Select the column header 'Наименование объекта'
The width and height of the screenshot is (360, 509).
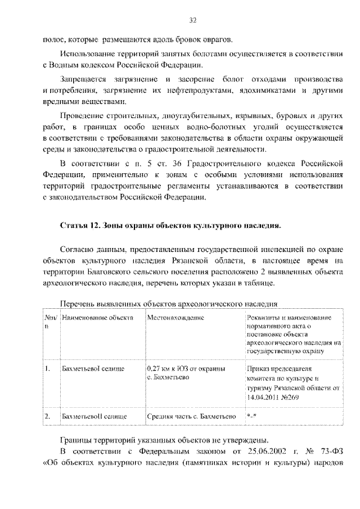(97, 318)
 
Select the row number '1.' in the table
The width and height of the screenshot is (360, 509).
(48, 369)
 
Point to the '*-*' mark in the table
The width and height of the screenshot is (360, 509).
(251, 417)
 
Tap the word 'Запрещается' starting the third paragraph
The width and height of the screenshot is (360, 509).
(84, 91)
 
